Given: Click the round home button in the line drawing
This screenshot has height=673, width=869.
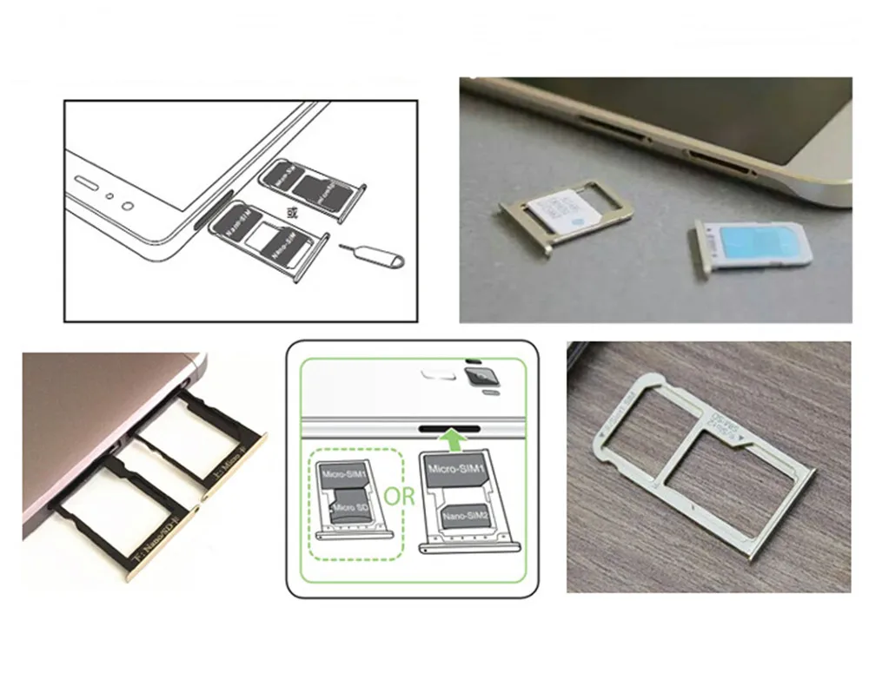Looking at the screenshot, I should click(x=128, y=207).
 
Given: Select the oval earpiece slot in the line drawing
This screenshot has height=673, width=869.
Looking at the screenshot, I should click(x=85, y=183).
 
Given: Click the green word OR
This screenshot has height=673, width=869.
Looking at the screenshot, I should click(x=401, y=498).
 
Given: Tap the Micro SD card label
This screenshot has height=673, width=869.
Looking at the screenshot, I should click(x=343, y=506).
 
